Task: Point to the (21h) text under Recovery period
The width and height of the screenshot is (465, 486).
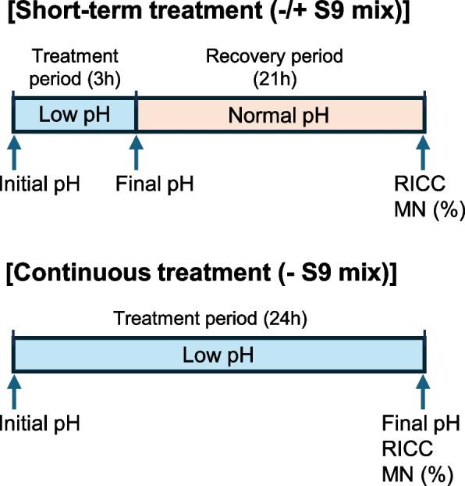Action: coord(274,76)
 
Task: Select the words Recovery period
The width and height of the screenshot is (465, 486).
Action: coord(274,57)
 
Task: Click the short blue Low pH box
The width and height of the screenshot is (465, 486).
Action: coord(75,116)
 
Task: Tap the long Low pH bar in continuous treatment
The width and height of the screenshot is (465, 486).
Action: coord(218,356)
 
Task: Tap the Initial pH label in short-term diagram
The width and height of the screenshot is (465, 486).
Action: coord(39,184)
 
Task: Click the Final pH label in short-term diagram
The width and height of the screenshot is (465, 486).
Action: coord(154,184)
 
